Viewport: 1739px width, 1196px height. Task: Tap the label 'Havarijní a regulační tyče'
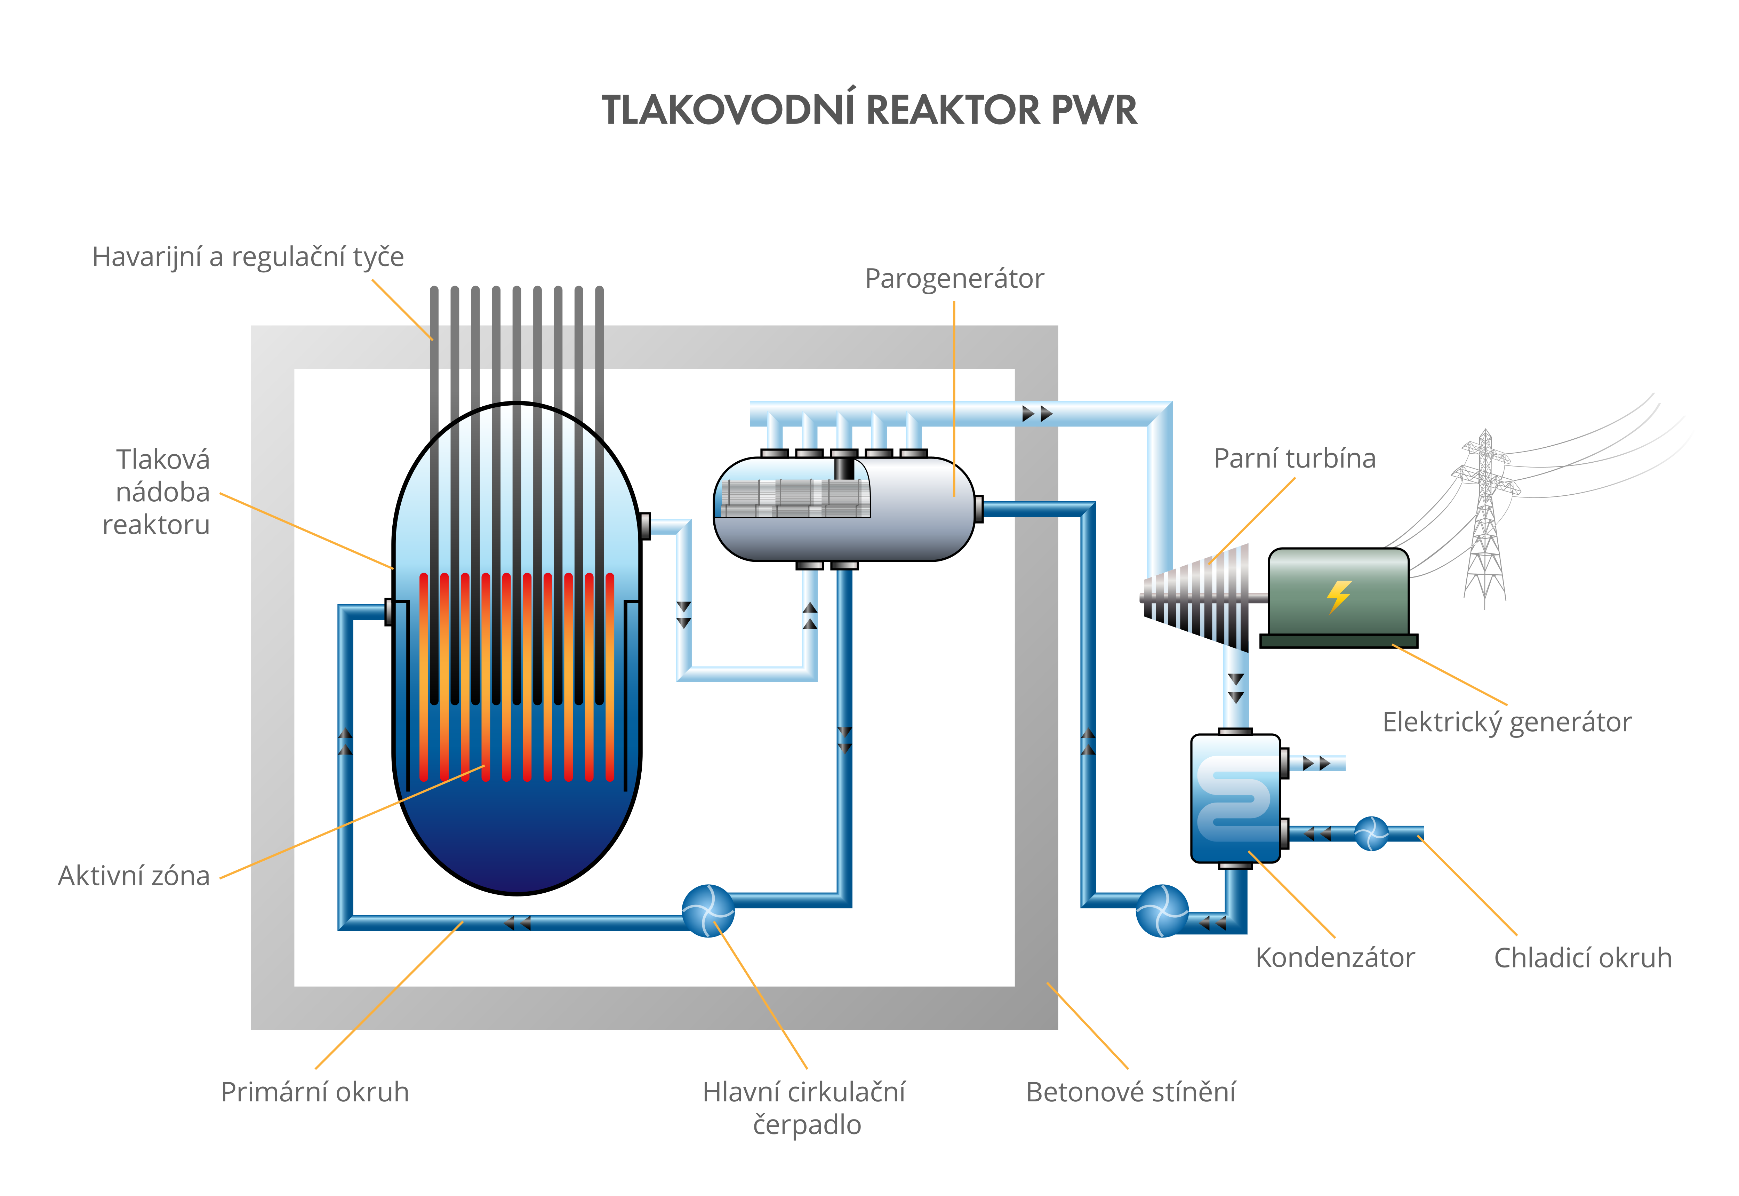pos(248,257)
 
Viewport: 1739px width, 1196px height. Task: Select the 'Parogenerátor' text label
pos(954,279)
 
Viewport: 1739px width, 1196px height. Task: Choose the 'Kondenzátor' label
pos(1335,958)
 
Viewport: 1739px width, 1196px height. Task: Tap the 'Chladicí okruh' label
pos(1582,958)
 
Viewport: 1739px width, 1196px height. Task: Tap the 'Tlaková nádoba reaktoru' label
pos(157,492)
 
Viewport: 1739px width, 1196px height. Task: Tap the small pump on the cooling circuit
pos(1371,833)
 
